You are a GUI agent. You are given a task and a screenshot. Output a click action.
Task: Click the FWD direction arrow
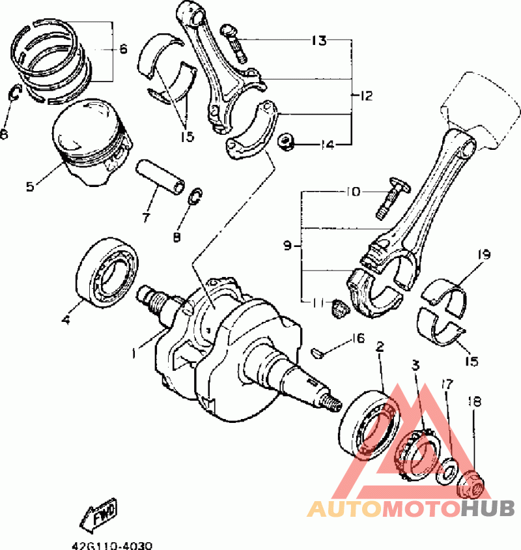(x=99, y=514)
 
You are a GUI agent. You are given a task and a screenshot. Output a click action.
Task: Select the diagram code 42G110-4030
(x=112, y=545)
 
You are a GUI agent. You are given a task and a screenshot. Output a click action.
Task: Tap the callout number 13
(x=319, y=40)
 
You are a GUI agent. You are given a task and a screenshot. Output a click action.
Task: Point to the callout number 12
(x=366, y=96)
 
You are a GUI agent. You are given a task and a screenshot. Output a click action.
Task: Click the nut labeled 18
(x=472, y=485)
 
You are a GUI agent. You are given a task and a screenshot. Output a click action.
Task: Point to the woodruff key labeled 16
(x=317, y=353)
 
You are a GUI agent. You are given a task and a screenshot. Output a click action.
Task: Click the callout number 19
(x=484, y=254)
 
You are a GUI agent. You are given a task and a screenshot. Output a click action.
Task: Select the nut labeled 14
(x=286, y=141)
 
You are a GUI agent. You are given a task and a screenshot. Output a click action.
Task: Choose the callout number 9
(x=287, y=246)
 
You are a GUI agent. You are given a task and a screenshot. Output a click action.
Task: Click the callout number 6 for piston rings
(x=123, y=49)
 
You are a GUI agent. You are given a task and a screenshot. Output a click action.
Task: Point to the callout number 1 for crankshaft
(x=134, y=353)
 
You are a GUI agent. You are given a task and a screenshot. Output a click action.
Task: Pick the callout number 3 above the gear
(x=415, y=366)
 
